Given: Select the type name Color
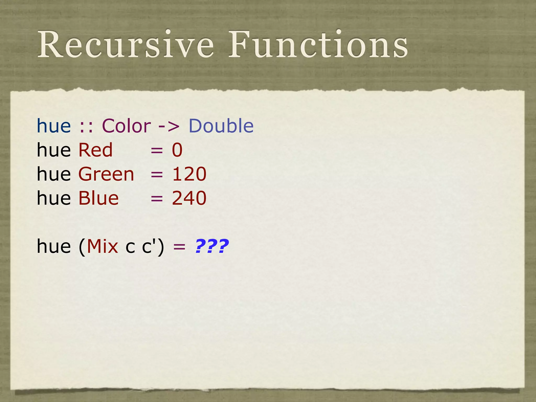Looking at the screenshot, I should coord(126,126).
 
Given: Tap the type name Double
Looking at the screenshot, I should coord(221,126).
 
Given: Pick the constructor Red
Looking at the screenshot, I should coord(96,150).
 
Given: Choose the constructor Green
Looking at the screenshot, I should coord(106,174).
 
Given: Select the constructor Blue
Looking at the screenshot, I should coord(99,198).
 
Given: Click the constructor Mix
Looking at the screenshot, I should coord(102,247).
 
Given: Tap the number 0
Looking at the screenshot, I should coord(177,150).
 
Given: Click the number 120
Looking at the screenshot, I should coord(189,174).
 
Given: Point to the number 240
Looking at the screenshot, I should coord(189,198).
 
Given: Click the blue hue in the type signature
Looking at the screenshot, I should coord(54,126).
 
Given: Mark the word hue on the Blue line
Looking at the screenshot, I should coord(54,198).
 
